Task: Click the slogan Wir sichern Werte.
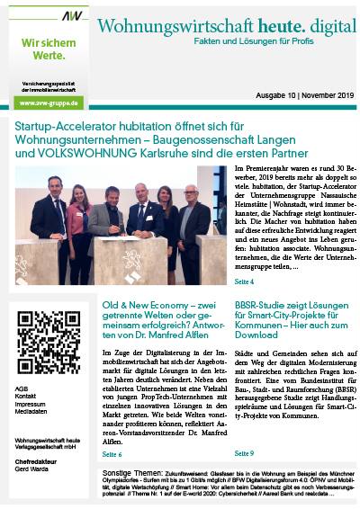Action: pyautogui.click(x=42, y=50)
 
